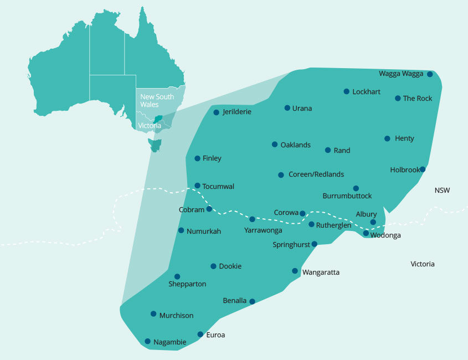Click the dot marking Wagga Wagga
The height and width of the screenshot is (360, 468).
point(430,74)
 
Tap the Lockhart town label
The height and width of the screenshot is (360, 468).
point(366,92)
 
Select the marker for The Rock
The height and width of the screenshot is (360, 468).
point(398,99)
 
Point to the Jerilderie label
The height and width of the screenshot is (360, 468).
point(237,112)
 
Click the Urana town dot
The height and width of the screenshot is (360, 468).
point(287,108)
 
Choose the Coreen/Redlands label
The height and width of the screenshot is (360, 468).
point(316,174)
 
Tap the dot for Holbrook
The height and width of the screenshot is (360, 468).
point(423,169)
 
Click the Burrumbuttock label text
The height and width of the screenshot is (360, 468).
point(347,196)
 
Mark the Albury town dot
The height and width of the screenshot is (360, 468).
point(373,222)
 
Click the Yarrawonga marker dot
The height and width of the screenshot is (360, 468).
point(252,219)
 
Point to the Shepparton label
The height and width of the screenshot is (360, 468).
point(187,284)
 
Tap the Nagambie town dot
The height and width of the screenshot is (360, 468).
point(147,341)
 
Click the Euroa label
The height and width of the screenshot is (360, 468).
point(215,335)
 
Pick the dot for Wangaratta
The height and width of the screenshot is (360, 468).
point(295,271)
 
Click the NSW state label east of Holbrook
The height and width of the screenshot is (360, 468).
point(442,191)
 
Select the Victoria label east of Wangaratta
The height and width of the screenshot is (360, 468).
point(422,264)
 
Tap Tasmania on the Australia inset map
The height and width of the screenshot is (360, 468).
point(155,145)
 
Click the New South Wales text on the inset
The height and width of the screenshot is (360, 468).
point(157,100)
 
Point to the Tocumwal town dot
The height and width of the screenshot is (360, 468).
point(197,186)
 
